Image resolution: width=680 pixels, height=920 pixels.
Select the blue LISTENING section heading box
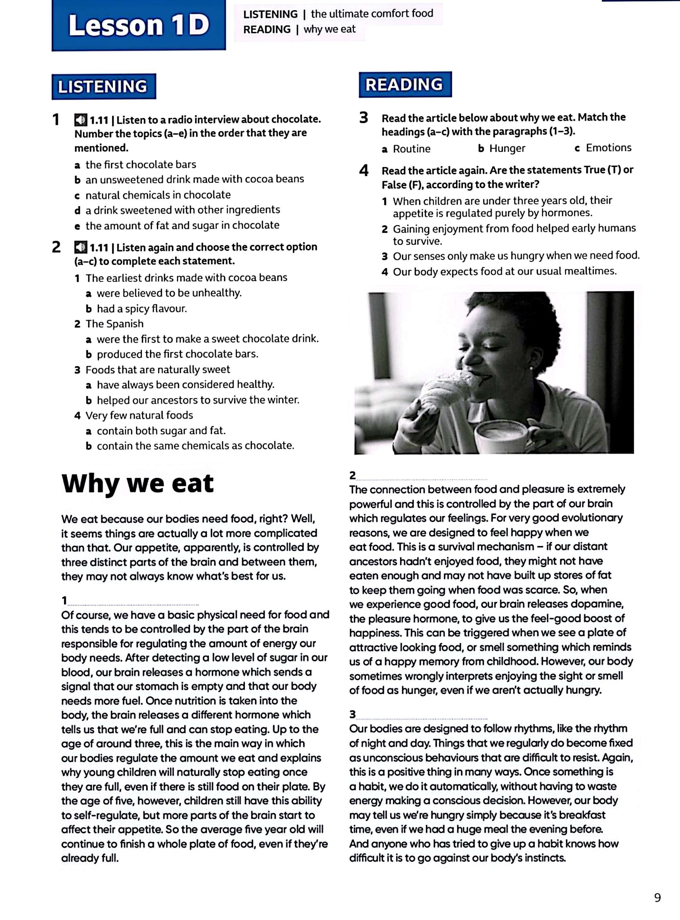coord(103,86)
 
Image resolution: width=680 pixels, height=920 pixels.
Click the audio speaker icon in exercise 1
coord(80,120)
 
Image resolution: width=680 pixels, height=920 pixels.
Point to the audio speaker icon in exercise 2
coord(80,247)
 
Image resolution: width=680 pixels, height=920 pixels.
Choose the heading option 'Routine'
coord(411,149)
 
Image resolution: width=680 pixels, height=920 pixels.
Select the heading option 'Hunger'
coord(507,148)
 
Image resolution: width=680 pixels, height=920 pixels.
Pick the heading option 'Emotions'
coord(608,148)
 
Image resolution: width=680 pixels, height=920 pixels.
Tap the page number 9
coord(657,897)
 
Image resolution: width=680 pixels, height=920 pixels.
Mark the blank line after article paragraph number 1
coord(133,604)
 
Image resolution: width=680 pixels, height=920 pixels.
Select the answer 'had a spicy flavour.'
coord(142,309)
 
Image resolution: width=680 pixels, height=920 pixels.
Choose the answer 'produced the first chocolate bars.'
coord(177,354)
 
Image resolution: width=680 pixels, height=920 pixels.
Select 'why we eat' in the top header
coord(329,29)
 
